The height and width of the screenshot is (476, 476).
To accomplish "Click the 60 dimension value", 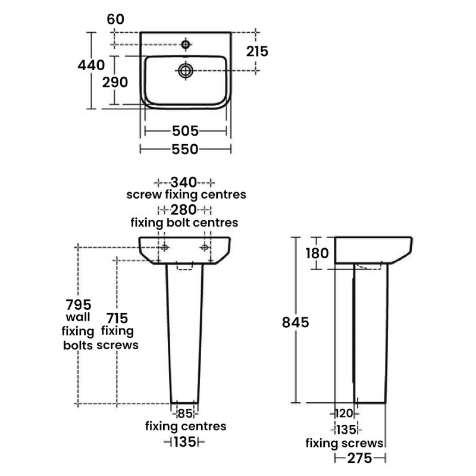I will coord(116,19).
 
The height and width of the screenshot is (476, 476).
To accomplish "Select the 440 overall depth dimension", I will coord(92,65).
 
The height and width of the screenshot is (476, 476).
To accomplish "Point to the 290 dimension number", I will coord(115,82).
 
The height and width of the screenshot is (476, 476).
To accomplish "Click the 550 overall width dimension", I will coord(185,149).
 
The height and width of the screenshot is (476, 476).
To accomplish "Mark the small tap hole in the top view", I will coord(186,44).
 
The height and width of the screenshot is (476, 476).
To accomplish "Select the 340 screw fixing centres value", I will coord(185,182).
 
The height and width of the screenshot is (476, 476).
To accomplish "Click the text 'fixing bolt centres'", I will coord(184,223).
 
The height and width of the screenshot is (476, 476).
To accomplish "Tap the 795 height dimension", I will coord(79,303).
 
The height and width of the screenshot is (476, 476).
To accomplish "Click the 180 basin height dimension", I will coord(317,253).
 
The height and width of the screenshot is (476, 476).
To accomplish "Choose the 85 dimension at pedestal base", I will coord(184,413).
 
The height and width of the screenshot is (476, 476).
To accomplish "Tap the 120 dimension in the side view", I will coord(344,413).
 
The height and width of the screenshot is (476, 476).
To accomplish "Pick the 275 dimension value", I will coord(360,458).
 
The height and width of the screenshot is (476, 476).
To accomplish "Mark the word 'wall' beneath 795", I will coord(79,317).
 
